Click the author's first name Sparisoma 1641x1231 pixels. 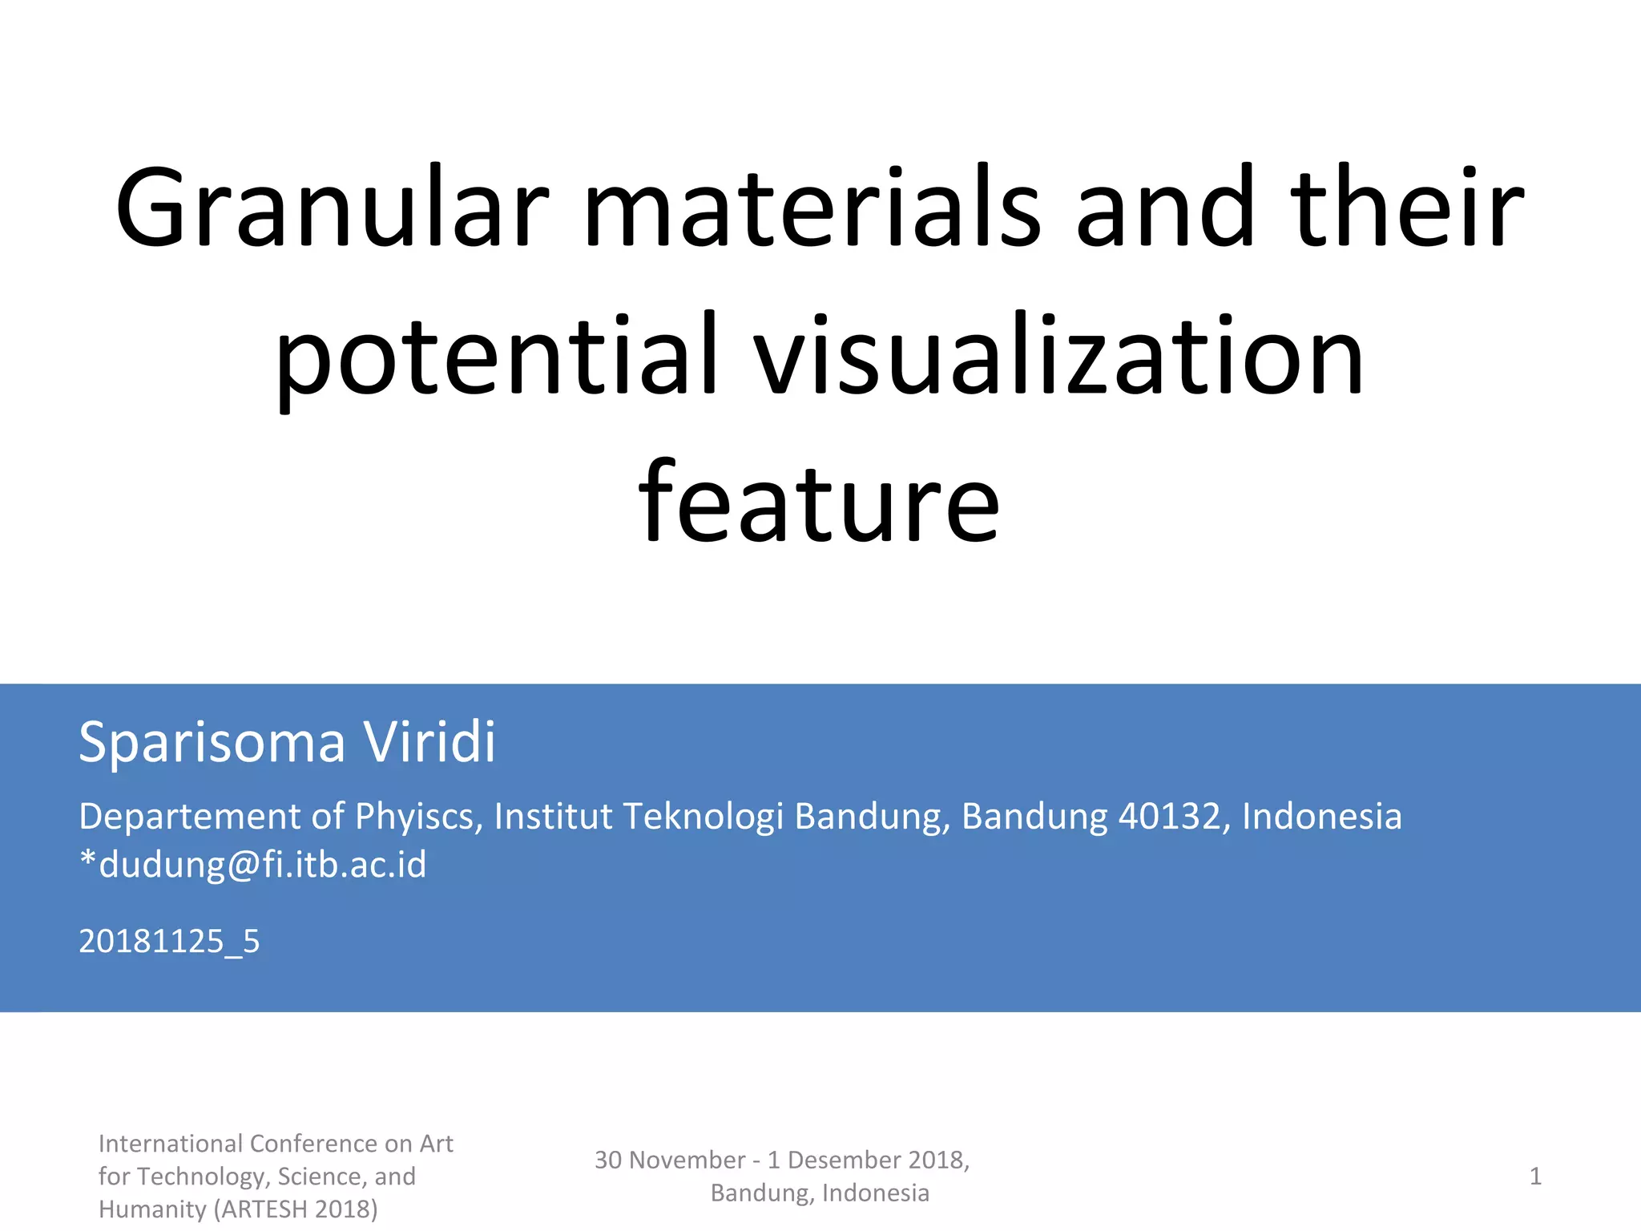tap(212, 742)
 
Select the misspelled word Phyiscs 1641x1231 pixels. tap(418, 817)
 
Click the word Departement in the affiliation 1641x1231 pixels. tap(189, 817)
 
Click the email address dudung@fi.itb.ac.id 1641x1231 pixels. tap(262, 865)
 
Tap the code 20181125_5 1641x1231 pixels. tap(169, 941)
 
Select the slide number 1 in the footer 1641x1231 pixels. tap(1535, 1177)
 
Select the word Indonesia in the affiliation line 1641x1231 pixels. tap(1321, 817)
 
